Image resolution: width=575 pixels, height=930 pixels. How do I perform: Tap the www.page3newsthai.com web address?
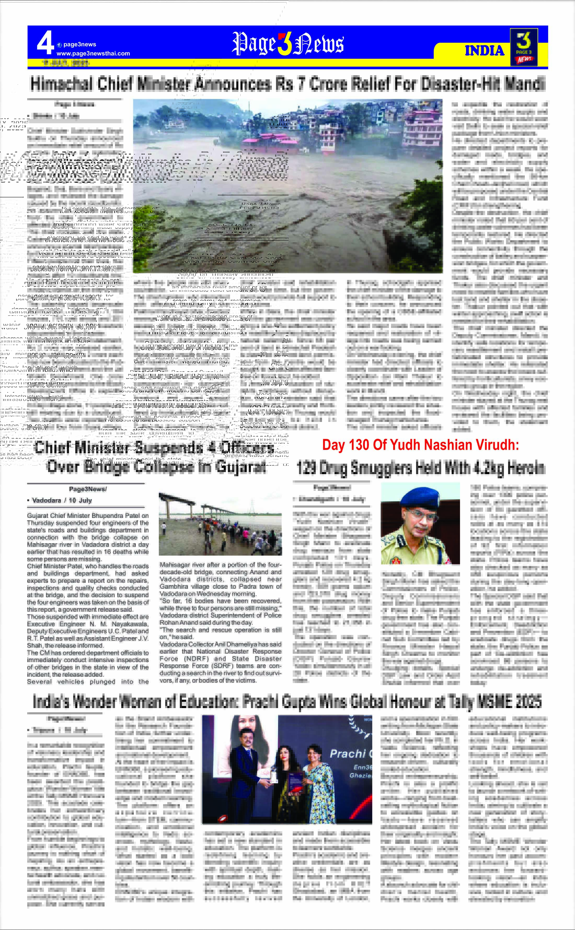[93, 54]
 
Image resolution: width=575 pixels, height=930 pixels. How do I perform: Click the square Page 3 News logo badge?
[524, 47]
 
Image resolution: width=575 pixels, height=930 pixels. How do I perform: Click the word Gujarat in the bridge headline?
[240, 467]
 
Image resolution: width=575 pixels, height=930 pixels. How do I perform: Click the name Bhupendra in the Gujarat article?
[108, 516]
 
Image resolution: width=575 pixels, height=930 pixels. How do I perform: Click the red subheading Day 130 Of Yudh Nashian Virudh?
[420, 445]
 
